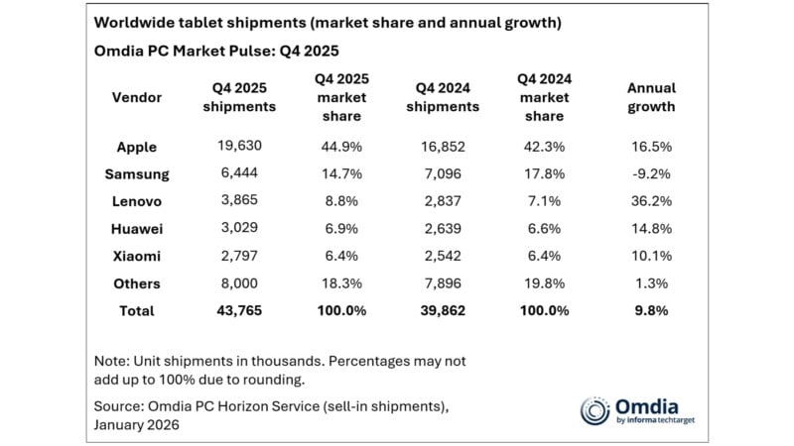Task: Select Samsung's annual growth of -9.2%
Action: tap(651, 174)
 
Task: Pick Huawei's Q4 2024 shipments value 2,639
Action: tap(443, 229)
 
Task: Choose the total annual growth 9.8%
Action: tap(651, 311)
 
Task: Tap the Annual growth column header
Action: tap(651, 98)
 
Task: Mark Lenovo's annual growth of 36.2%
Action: tap(651, 201)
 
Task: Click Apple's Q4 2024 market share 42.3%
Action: tap(542, 147)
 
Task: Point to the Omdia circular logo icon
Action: tap(595, 411)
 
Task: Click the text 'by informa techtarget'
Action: tap(652, 421)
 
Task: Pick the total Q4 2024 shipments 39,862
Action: tap(443, 311)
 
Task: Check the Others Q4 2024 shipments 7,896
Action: tap(443, 283)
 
